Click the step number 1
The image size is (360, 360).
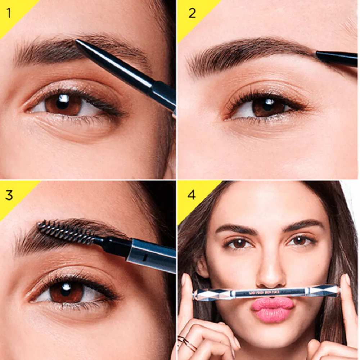click(8, 13)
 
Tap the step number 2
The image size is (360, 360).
click(192, 13)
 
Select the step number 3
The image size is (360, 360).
click(9, 195)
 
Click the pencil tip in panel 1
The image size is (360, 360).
click(78, 42)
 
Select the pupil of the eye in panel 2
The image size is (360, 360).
click(268, 105)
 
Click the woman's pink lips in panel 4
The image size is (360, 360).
click(273, 309)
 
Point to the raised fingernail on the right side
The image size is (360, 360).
click(347, 279)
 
